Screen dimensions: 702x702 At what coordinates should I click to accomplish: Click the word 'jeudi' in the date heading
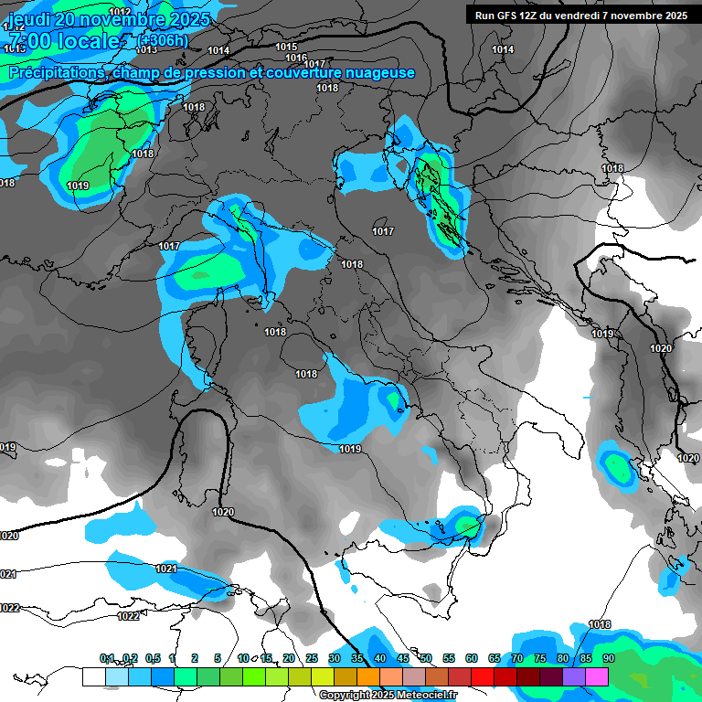[29, 18]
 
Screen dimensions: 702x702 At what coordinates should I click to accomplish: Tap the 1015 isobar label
[286, 47]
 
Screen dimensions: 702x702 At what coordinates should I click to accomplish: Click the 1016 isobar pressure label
[296, 57]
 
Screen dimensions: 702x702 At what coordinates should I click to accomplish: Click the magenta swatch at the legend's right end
[597, 676]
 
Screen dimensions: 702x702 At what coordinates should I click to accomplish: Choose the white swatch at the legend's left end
[93, 676]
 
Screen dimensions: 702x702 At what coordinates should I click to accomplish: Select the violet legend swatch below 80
[574, 676]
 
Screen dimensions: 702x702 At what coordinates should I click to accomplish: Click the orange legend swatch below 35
[368, 676]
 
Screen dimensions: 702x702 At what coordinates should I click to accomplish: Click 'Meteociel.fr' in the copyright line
[424, 696]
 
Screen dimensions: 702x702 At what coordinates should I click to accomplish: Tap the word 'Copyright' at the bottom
[345, 696]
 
